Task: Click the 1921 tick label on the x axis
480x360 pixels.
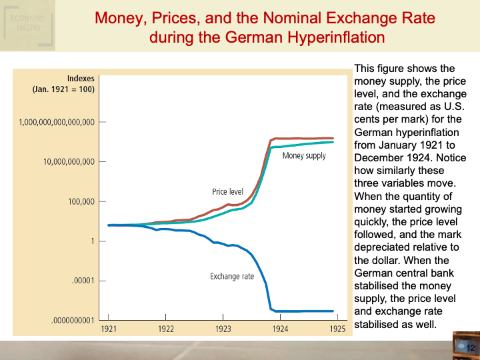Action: coord(109,329)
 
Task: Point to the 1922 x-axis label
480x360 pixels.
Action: coord(166,329)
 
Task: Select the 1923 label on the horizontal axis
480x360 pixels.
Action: coord(223,329)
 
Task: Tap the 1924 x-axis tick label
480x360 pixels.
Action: coord(280,329)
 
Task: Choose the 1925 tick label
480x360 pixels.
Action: coord(337,329)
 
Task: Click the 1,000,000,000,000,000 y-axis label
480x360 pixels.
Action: coord(57,122)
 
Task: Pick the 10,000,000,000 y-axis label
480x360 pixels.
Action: coord(69,162)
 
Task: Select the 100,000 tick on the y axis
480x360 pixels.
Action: coord(81,201)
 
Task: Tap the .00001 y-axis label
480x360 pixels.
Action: coord(83,281)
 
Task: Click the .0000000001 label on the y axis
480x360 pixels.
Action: coord(73,321)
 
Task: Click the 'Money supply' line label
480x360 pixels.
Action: coord(304,156)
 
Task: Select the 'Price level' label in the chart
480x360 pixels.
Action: coord(227,192)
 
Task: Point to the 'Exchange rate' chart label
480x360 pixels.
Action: coord(232,277)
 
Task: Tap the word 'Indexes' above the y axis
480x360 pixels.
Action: coord(81,77)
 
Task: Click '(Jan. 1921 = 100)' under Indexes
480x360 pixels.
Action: coord(63,89)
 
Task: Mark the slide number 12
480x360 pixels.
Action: coord(470,348)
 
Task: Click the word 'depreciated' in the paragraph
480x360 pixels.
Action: coord(383,247)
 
